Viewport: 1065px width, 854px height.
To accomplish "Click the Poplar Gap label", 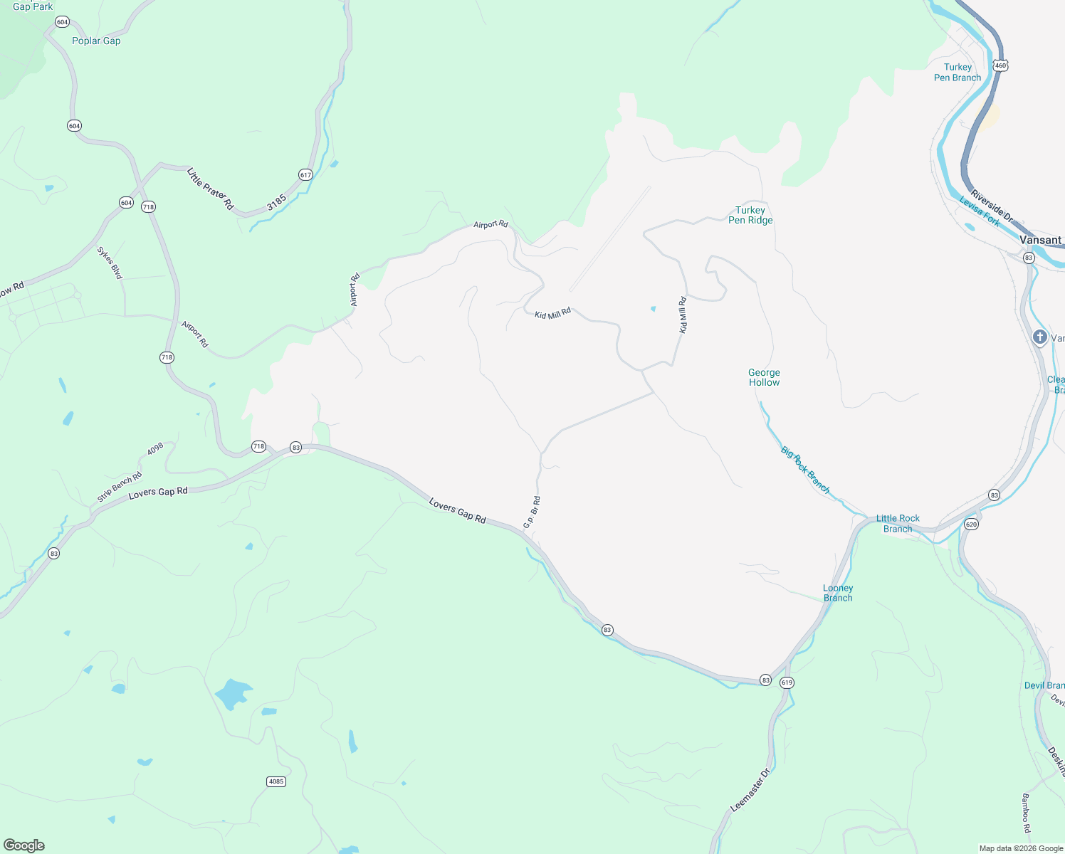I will pyautogui.click(x=96, y=41).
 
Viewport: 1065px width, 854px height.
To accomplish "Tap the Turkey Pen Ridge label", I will pyautogui.click(x=750, y=215).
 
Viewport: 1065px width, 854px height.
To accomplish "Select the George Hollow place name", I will pyautogui.click(x=764, y=377).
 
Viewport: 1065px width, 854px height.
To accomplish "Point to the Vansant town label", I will pyautogui.click(x=1040, y=240).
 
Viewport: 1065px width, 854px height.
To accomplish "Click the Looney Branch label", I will pyautogui.click(x=838, y=593).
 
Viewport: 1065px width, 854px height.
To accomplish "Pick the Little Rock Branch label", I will pyautogui.click(x=898, y=523).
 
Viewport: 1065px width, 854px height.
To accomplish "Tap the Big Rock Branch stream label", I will pyautogui.click(x=805, y=470).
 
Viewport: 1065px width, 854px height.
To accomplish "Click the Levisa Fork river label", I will pyautogui.click(x=980, y=211).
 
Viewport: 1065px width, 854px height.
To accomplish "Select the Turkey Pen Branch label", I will pyautogui.click(x=958, y=73).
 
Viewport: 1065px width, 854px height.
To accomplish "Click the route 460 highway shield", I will pyautogui.click(x=1001, y=65).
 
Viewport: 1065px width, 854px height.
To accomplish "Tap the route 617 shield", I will pyautogui.click(x=305, y=175).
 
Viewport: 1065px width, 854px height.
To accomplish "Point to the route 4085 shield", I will pyautogui.click(x=276, y=781).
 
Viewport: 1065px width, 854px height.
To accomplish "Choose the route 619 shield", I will pyautogui.click(x=786, y=682).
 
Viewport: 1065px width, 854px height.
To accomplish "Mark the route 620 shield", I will pyautogui.click(x=972, y=524).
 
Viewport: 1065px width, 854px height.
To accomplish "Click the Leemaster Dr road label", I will pyautogui.click(x=750, y=791).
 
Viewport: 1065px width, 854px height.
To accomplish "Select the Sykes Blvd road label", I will pyautogui.click(x=110, y=263).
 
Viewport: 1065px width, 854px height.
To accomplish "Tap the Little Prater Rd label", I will pyautogui.click(x=210, y=189).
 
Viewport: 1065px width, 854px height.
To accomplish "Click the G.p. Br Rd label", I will pyautogui.click(x=532, y=512).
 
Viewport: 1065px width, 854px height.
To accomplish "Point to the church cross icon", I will pyautogui.click(x=1039, y=337).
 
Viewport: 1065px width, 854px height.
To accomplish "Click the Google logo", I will pyautogui.click(x=24, y=845).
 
